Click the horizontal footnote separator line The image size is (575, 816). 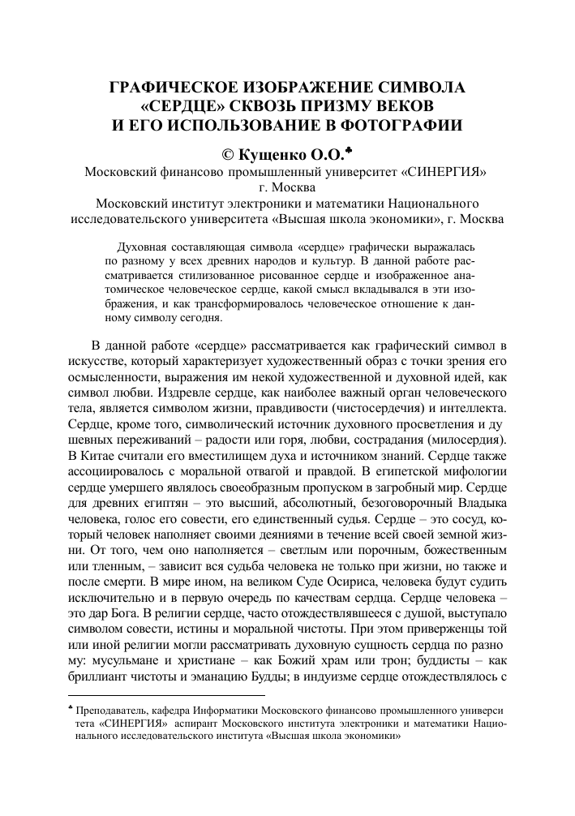tap(165, 695)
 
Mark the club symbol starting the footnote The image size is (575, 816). tap(70, 708)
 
